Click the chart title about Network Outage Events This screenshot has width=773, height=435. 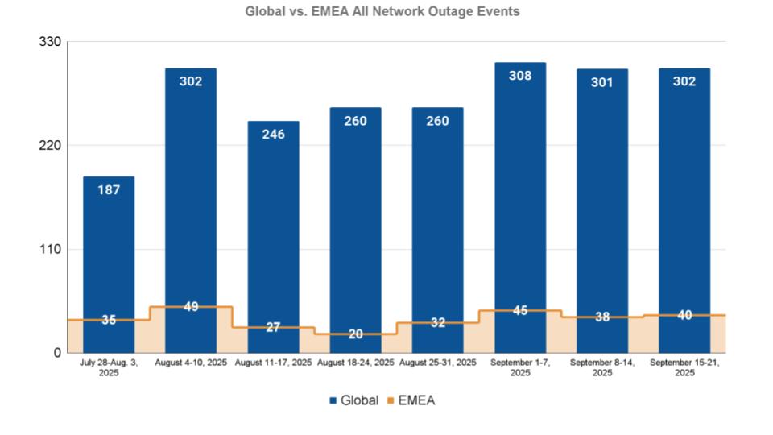click(x=382, y=12)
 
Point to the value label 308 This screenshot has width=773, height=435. click(x=520, y=76)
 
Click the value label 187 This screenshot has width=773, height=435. click(x=109, y=190)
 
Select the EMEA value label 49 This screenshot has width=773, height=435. click(x=191, y=307)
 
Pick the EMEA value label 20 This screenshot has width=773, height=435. click(x=355, y=334)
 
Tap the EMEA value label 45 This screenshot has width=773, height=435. click(x=520, y=310)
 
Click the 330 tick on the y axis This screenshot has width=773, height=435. click(x=50, y=42)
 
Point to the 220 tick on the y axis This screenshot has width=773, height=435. click(x=50, y=146)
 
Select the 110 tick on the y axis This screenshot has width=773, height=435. click(x=50, y=250)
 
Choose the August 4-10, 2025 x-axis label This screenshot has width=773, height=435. click(x=191, y=363)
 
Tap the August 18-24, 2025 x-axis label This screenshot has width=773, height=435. click(x=355, y=363)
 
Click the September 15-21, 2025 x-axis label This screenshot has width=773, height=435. click(x=684, y=367)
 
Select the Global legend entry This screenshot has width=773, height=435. click(x=353, y=400)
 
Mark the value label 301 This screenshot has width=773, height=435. click(x=602, y=82)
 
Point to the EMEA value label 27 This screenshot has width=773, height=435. click(x=273, y=327)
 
